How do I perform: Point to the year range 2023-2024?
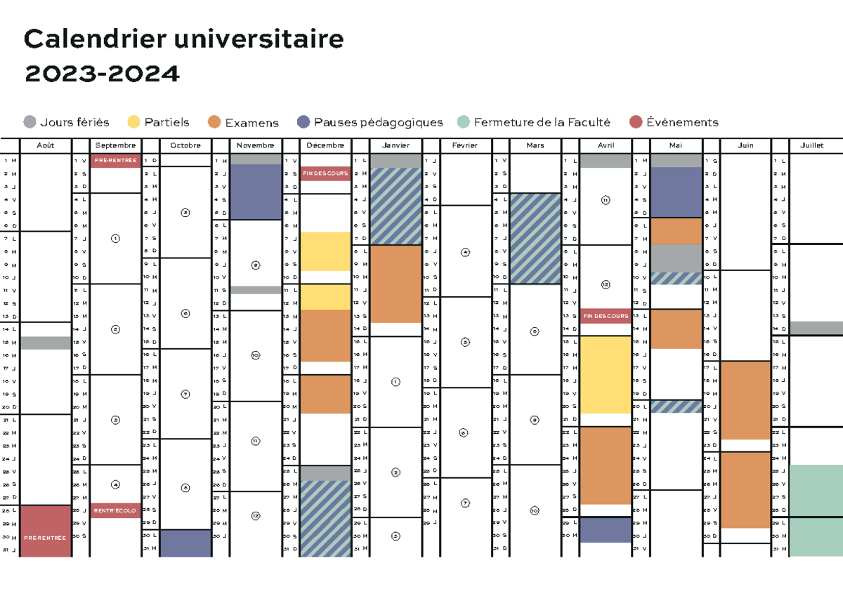tap(102, 73)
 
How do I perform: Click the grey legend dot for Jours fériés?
tap(30, 122)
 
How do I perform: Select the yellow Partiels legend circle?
tap(133, 122)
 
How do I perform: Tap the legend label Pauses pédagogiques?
tap(378, 122)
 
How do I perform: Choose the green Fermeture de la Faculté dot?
tap(463, 122)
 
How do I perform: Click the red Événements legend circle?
tap(636, 122)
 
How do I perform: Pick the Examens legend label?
tap(251, 123)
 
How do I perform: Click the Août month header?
tap(45, 145)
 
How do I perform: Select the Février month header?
tap(465, 145)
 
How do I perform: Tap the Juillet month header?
tap(815, 145)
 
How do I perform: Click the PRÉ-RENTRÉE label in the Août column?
tap(45, 538)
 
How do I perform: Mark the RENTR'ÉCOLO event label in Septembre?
tap(115, 510)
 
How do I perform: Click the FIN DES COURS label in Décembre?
tap(325, 173)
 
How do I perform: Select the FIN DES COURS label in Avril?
tap(606, 316)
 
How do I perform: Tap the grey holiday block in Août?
tap(45, 343)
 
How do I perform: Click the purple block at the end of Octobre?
tap(185, 543)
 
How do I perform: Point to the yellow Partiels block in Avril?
tap(606, 374)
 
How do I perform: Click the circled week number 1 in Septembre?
tap(115, 239)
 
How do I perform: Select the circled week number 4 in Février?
tap(465, 251)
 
